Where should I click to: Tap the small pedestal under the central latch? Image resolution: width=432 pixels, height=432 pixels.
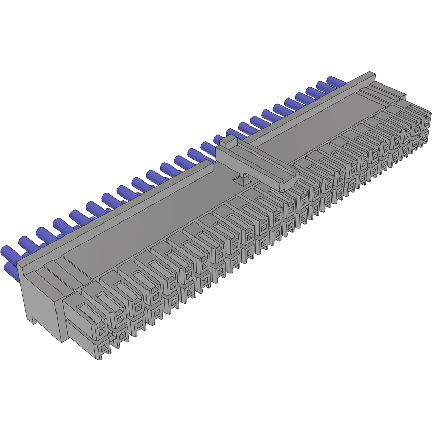click(242, 180)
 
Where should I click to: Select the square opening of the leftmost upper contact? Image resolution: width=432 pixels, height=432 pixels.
click(102, 329)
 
